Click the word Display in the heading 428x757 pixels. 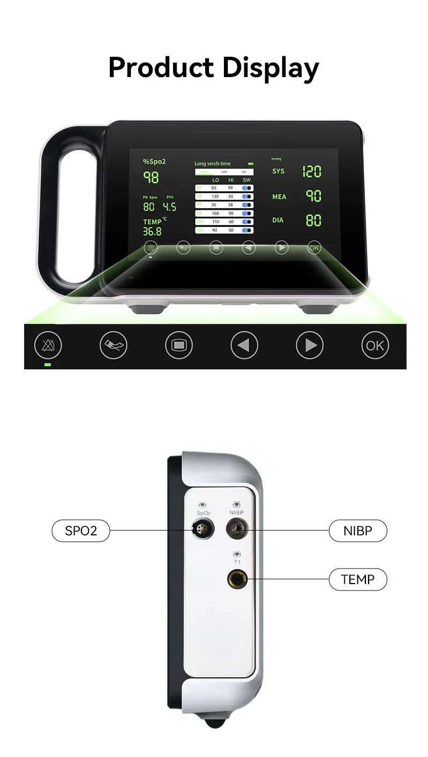(x=271, y=69)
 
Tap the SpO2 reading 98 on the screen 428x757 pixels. (x=151, y=177)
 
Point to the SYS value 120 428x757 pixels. (x=312, y=172)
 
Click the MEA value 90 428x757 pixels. (x=313, y=196)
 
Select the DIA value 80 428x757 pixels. (x=313, y=220)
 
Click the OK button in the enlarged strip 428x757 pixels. (x=375, y=345)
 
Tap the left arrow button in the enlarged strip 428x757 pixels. (x=244, y=345)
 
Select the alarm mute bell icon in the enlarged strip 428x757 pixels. (x=48, y=345)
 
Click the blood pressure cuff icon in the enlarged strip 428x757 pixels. (x=114, y=345)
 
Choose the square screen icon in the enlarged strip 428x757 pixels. (x=179, y=345)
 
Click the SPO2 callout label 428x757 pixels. (x=80, y=531)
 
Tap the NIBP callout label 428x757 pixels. (x=358, y=531)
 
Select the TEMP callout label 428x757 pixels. (x=358, y=579)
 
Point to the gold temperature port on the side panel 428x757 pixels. (x=237, y=580)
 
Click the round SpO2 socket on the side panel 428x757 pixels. (x=202, y=531)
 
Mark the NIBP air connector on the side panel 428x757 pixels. (x=237, y=531)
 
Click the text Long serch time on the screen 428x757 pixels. (x=213, y=163)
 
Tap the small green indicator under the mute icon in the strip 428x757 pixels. (x=48, y=365)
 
